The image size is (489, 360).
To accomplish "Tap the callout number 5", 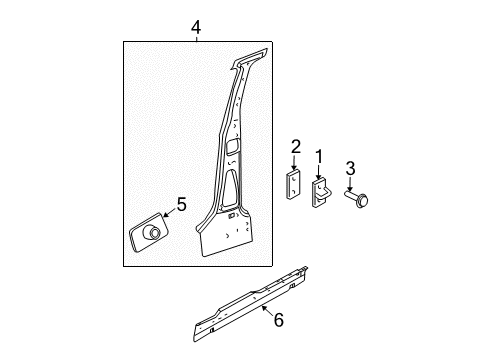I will point(181,205).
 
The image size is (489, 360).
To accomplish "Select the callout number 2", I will point(296,148).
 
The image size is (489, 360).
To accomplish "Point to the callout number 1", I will point(319,155).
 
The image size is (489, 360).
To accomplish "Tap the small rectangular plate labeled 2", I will point(295,185).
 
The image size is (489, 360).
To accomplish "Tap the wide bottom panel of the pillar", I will point(232,240).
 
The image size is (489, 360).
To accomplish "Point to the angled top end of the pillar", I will point(256,56).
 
